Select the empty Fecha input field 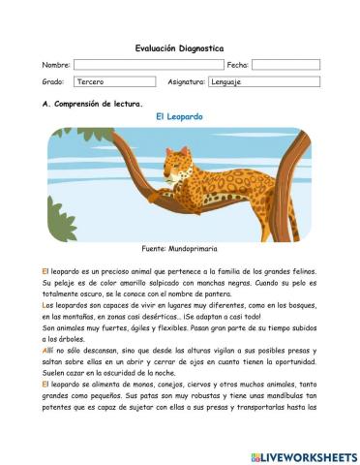point(285,65)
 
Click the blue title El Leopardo point(179,116)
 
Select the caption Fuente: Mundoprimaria point(180,249)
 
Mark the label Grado point(52,83)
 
